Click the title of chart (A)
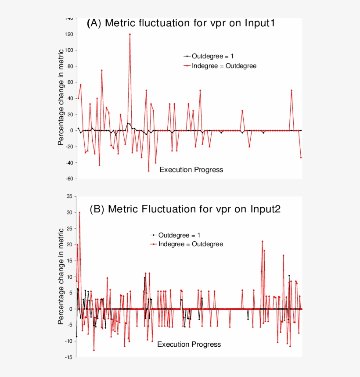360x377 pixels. click(181, 23)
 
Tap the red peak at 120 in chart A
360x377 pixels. click(130, 34)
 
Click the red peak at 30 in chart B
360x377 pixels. click(79, 212)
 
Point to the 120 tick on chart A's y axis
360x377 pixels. click(68, 34)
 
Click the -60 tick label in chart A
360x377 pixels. click(68, 179)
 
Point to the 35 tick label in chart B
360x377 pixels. click(69, 196)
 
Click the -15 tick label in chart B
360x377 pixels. click(68, 357)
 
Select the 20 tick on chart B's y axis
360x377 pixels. click(69, 244)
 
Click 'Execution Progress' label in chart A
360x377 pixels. click(191, 169)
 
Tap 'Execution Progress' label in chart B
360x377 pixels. click(189, 344)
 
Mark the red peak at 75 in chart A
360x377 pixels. click(101, 70)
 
